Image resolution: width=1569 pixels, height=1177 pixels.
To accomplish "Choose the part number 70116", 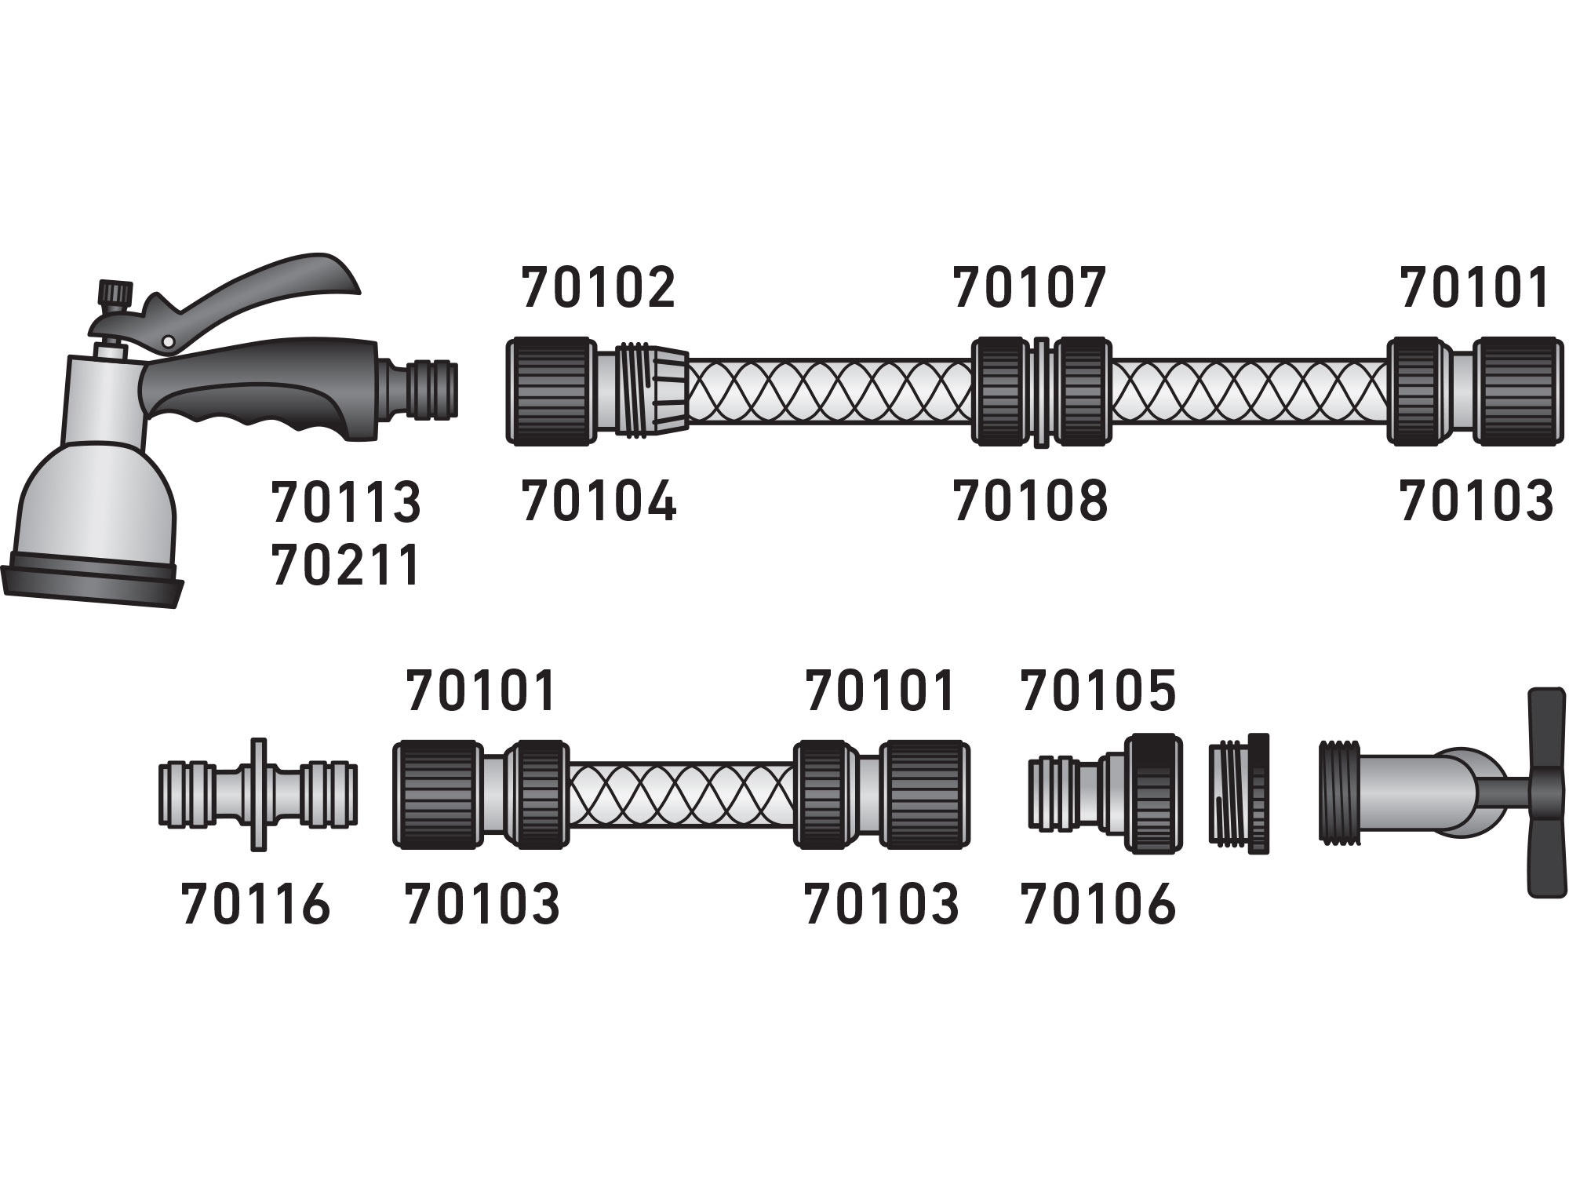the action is [x=256, y=904].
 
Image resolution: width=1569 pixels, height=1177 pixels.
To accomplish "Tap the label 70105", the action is [x=1098, y=691].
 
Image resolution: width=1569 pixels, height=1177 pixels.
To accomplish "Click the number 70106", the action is [x=1098, y=904].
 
